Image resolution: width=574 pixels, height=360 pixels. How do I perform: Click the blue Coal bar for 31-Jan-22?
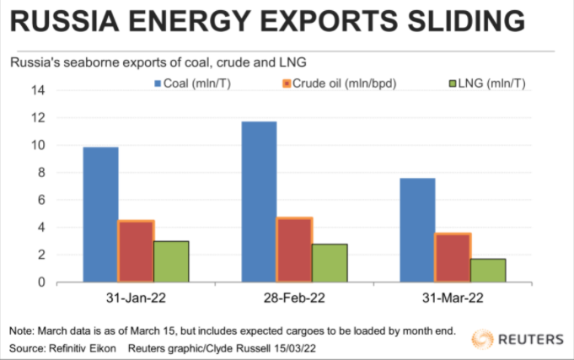coord(100,214)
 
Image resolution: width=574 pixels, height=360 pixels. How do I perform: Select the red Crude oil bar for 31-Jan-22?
coord(136,251)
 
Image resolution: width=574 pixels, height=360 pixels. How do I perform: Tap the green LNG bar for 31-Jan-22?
coord(171,261)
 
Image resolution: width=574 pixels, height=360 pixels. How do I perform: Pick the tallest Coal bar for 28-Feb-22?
coord(259,201)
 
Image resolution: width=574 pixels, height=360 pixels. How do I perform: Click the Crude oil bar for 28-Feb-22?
coord(294,250)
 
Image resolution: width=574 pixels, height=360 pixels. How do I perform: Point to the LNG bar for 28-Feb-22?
coord(330,263)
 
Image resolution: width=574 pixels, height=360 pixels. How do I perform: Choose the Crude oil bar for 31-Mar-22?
coord(453,257)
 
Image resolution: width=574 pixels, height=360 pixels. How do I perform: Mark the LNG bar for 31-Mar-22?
coord(488,270)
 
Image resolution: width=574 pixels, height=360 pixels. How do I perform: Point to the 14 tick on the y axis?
coord(38,90)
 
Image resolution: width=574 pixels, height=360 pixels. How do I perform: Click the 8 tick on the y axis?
coord(40,173)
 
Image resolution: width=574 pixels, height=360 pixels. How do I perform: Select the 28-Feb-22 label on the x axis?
coord(294,298)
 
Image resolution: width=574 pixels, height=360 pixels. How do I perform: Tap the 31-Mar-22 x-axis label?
coord(453,298)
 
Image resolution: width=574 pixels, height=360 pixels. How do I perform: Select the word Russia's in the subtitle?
coord(35,62)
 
